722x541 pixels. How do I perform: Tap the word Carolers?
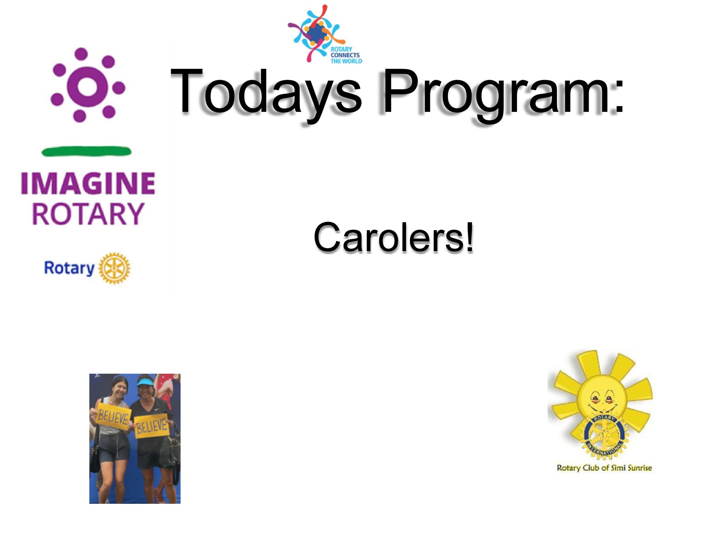point(394,237)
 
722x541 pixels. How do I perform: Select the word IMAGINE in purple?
point(88,183)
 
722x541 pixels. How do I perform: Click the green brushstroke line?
point(86,151)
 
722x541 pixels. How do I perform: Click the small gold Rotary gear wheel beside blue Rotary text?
point(114,268)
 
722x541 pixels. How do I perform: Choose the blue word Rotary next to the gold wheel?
point(69,268)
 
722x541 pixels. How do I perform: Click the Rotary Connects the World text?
point(346,55)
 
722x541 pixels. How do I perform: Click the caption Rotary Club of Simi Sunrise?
point(604,468)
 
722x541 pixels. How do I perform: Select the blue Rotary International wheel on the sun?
point(604,435)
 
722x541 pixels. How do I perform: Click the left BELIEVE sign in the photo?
point(113,416)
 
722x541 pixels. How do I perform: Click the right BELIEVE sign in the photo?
point(151,426)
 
